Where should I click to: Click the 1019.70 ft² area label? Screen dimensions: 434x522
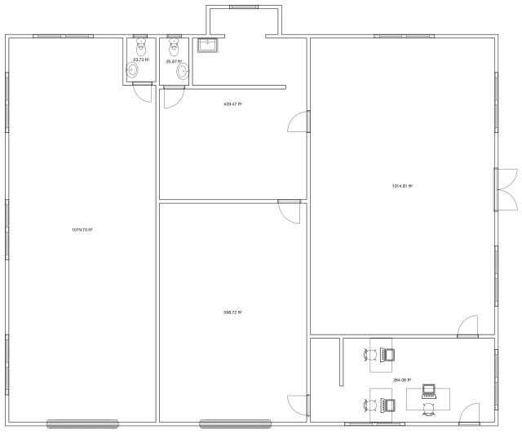tap(82, 230)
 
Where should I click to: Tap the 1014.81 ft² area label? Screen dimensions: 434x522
tap(402, 186)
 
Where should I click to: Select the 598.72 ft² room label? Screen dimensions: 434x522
tap(232, 312)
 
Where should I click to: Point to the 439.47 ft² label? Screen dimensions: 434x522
tap(232, 104)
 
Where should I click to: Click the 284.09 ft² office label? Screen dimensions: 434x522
tap(402, 380)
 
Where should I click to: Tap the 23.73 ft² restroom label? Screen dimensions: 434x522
tap(141, 60)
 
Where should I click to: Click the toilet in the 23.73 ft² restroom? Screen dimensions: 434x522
tap(140, 46)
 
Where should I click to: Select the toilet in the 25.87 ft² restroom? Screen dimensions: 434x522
tap(173, 46)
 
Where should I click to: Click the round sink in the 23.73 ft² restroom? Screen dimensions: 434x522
tap(135, 72)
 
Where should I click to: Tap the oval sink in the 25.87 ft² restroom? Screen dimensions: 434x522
tap(182, 72)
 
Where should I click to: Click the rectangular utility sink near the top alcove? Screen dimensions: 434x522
tap(209, 45)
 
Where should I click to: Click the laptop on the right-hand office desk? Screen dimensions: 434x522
tap(429, 393)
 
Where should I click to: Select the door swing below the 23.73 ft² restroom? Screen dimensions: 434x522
tap(142, 91)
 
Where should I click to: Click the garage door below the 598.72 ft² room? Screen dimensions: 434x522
tap(235, 423)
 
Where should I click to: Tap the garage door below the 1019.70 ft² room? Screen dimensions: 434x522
tap(82, 423)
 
